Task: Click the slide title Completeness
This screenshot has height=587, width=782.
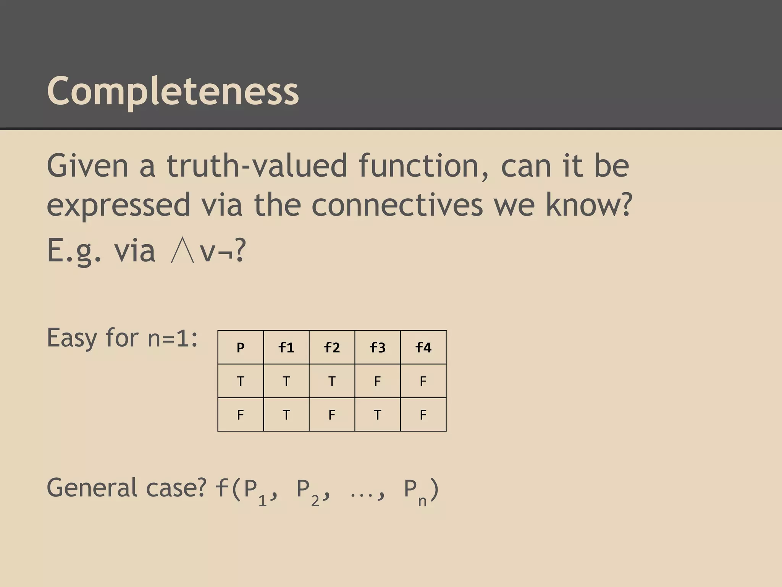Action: pos(173,91)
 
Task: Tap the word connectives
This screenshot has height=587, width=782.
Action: pos(397,205)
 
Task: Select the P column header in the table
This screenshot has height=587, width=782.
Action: pos(241,347)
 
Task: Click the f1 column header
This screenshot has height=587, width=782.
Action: pos(286,347)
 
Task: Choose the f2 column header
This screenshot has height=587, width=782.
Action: pos(332,347)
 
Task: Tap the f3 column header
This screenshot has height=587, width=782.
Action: pos(378,347)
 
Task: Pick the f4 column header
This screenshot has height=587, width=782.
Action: pos(423,347)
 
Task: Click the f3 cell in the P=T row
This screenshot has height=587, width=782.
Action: pos(378,381)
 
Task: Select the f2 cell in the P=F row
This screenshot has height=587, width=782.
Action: pos(332,415)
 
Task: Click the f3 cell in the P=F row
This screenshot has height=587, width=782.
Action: pos(378,415)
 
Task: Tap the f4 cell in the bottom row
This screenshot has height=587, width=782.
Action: pos(423,415)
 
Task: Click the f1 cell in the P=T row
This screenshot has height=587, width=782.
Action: pos(286,381)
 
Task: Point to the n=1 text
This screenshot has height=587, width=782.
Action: pos(173,338)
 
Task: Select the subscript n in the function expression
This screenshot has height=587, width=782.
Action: pos(422,501)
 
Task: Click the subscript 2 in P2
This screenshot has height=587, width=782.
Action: pos(315,501)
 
